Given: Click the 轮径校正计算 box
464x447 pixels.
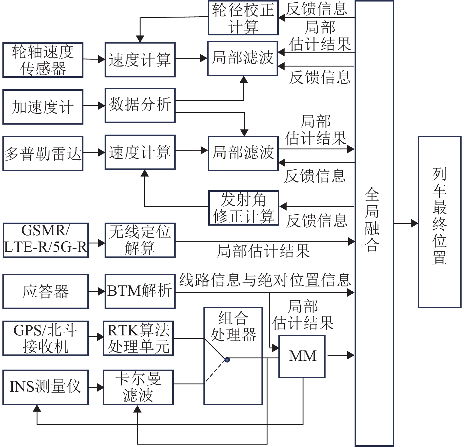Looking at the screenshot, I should tap(243, 18).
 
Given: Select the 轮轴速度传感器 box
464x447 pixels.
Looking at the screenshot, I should tap(43, 60).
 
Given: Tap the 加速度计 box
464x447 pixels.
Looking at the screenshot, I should tap(43, 106).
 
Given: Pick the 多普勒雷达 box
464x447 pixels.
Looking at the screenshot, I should tap(43, 153).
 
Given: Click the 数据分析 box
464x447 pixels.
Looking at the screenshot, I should tap(140, 105).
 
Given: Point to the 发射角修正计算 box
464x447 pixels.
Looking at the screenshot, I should tap(243, 208).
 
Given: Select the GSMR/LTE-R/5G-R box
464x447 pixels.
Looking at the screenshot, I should tap(46, 240).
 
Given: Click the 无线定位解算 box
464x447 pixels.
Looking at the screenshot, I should tap(140, 240).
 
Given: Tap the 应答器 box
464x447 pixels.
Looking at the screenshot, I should tap(46, 291).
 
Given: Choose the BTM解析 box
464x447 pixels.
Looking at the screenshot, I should tap(140, 291).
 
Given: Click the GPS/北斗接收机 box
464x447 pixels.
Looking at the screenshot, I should tap(46, 338).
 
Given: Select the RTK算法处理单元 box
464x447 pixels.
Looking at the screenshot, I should tap(138, 338).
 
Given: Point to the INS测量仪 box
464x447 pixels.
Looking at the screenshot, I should tap(46, 387).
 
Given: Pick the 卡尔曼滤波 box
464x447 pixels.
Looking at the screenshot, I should tap(138, 387).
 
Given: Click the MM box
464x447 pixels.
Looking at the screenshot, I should tap(302, 356).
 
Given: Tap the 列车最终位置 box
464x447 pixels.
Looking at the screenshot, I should tap(439, 222).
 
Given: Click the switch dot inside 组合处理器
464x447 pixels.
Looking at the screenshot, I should tap(227, 360).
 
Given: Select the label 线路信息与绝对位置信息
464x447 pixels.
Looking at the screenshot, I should tap(265, 280).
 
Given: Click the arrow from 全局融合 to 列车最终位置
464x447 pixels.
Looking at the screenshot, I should tap(406, 223).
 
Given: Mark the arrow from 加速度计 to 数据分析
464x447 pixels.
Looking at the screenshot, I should tap(94, 106).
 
